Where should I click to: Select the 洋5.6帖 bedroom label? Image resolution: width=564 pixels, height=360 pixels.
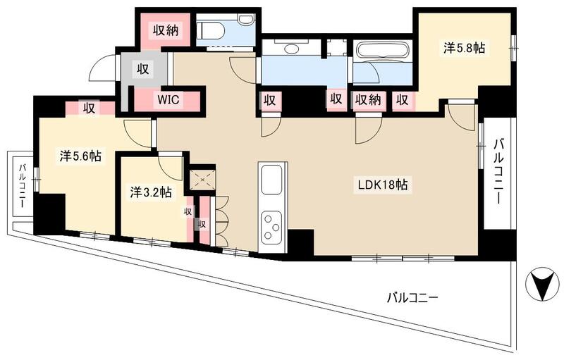point(79,156)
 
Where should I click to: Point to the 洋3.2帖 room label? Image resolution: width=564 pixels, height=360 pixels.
point(151,191)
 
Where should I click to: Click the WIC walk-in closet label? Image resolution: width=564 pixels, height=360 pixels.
point(169,100)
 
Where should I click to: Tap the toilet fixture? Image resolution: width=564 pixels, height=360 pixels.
point(211,30)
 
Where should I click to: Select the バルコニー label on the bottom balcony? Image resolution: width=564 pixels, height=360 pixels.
point(412,298)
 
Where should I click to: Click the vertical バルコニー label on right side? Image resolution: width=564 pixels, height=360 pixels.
point(498,169)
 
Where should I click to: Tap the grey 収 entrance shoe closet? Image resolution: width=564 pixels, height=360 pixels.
point(142,70)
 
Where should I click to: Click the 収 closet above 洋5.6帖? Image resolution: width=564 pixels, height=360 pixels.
point(88,108)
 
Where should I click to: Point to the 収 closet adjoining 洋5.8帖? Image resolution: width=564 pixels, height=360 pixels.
point(402,100)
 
